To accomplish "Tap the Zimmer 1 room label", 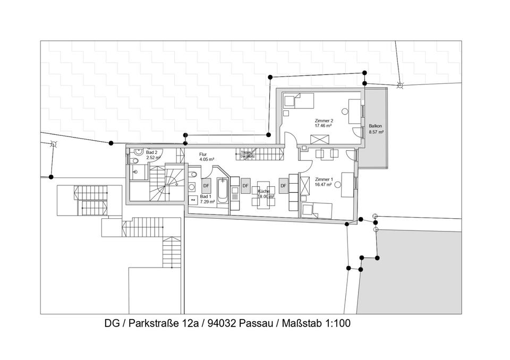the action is [324, 180].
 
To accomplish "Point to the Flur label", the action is [203, 154].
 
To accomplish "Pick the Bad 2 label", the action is [152, 152].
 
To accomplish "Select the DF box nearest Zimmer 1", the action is [284, 186].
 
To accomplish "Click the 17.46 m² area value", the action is [323, 126].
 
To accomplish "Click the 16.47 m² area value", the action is [324, 185].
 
